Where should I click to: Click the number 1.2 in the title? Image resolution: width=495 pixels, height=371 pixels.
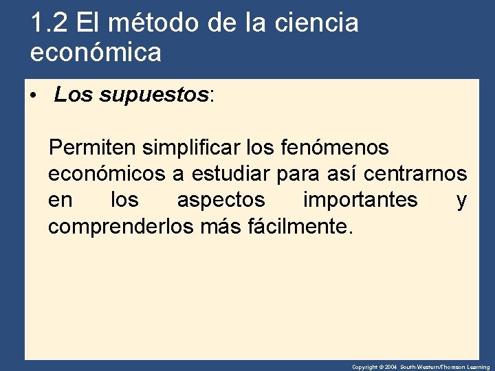coord(49,23)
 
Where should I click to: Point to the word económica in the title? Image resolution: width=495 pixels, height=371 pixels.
coord(96,52)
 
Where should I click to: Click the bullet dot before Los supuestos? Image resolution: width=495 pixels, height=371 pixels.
coord(32,96)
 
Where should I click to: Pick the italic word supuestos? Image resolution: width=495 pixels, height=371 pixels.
coord(154,95)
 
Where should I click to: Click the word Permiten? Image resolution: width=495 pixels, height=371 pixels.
coord(93,147)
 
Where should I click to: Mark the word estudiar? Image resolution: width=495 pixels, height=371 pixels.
coord(232,174)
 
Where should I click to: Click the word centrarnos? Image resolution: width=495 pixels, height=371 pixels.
coord(415,174)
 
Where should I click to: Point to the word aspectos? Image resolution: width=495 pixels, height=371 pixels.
coord(221,200)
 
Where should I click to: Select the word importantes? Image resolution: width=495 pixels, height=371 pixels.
coord(360,200)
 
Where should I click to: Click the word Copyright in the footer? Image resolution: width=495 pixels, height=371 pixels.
coord(364,368)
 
